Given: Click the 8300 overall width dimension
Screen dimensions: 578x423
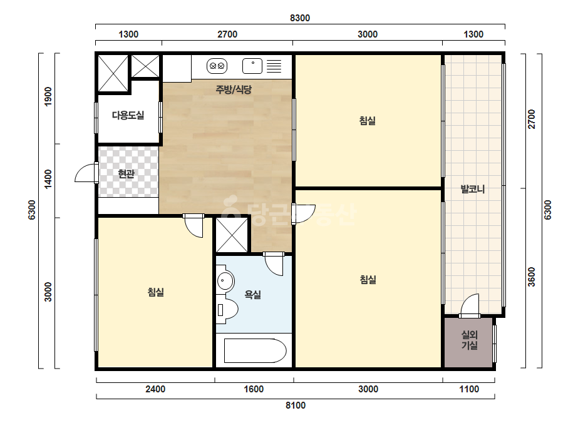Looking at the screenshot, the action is tap(300, 18).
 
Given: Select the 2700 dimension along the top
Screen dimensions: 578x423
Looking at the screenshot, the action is tap(227, 34).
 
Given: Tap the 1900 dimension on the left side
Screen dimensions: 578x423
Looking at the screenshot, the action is tap(48, 96).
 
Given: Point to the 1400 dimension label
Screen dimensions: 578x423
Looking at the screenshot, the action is tap(48, 179).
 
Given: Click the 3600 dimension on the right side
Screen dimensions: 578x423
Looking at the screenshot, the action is tap(531, 277).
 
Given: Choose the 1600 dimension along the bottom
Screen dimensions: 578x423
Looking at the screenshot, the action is tap(254, 389).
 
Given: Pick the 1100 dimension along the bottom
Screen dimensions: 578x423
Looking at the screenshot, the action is tap(469, 389).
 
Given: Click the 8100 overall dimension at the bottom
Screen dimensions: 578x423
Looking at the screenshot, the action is tap(296, 405).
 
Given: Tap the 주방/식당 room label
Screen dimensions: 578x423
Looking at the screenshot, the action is tap(234, 89).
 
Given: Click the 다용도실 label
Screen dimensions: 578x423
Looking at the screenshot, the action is tap(128, 115).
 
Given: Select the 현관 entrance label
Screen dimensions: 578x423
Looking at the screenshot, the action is tap(126, 173).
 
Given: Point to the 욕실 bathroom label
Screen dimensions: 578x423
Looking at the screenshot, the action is tap(253, 294).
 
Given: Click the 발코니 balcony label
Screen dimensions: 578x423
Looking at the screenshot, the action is tap(473, 189).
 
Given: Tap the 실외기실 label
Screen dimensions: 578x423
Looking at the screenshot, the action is tap(469, 340).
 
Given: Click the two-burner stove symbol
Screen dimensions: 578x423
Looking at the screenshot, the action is tap(217, 66).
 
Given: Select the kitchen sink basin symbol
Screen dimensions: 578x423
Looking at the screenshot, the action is tap(252, 66).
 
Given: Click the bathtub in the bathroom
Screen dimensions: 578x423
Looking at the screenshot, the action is tap(255, 351).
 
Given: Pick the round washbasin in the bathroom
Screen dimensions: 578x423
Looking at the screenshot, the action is tap(225, 282).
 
